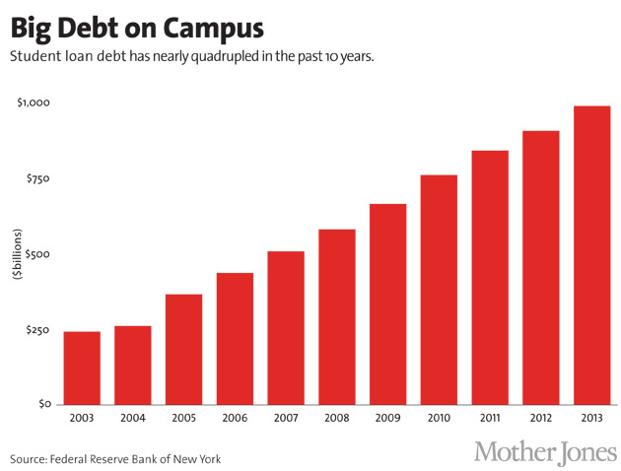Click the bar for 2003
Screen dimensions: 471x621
tap(82, 368)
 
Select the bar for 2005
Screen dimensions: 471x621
tap(183, 349)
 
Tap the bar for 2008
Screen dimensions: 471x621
tap(336, 316)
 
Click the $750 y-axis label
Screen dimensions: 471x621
tap(37, 178)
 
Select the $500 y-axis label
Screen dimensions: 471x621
tap(37, 254)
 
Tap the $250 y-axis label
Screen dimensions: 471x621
tap(37, 329)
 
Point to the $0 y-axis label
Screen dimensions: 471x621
tap(44, 405)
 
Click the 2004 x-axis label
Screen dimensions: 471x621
tap(132, 418)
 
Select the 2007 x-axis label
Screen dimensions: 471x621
tap(286, 418)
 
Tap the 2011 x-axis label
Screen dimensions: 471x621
tap(490, 418)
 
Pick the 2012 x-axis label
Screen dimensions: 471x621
tap(540, 418)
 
